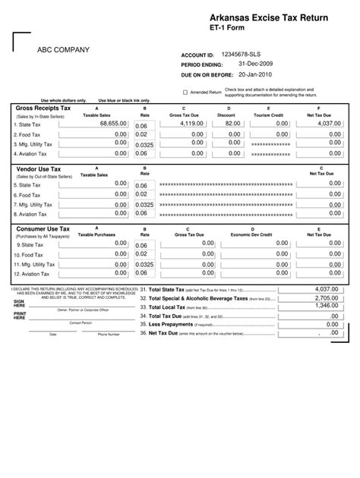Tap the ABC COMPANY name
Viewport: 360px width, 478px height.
coord(64,50)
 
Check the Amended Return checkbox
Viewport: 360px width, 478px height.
coord(185,93)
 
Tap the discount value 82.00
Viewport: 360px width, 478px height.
coord(232,123)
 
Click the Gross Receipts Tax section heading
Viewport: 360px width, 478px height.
coord(43,108)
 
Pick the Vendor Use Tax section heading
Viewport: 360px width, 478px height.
coord(39,168)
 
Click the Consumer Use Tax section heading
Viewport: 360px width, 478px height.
coord(43,228)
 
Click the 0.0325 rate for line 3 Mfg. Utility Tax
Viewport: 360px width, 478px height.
coord(144,143)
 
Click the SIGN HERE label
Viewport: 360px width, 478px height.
coord(19,303)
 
